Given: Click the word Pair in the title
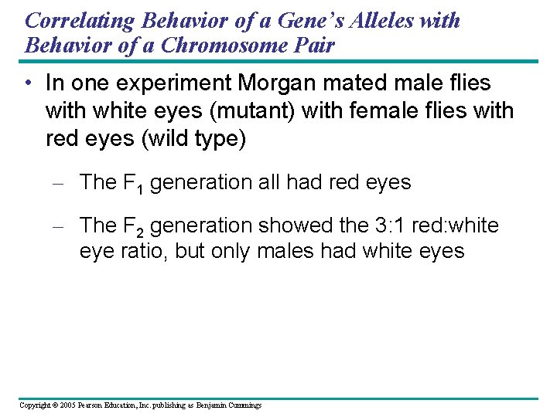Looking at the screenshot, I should tap(316, 45).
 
